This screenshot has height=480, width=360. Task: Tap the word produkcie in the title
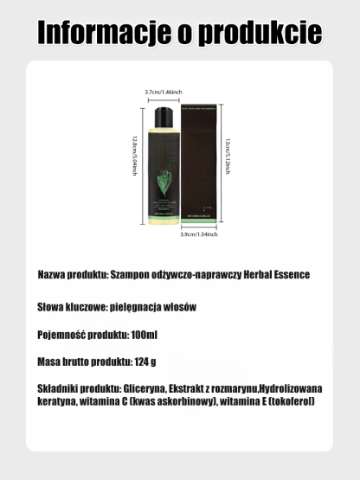point(260,32)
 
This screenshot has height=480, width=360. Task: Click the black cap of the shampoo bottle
point(164,116)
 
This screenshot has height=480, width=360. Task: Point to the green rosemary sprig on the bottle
point(165,187)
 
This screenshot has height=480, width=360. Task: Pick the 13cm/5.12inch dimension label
point(228,163)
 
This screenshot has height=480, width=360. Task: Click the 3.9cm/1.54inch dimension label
point(198,234)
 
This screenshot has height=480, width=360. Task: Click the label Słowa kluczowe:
point(72,306)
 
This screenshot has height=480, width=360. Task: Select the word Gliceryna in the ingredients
point(142,388)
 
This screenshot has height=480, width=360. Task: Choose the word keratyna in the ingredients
point(59,402)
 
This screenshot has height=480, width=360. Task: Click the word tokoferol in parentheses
point(291,402)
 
